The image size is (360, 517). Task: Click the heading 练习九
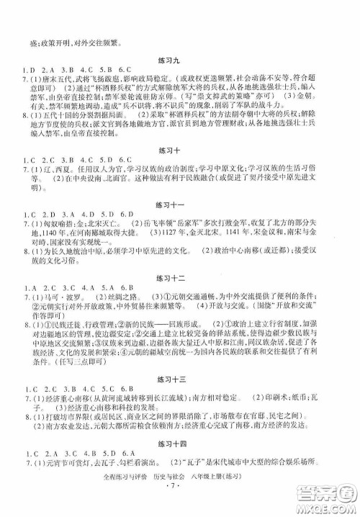tap(180, 42)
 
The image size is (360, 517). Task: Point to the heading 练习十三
tap(180, 379)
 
